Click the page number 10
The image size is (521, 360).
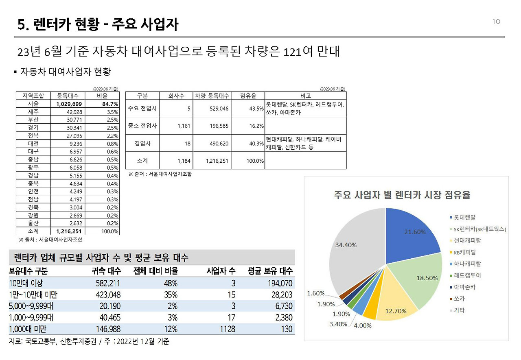pos(496,22)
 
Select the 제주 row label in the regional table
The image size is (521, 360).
pos(33,112)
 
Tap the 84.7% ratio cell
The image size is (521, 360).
pos(108,104)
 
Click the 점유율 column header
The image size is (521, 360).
pos(247,96)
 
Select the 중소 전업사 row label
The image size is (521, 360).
pos(142,126)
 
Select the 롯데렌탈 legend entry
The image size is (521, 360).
pos(465,217)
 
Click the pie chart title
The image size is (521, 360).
pos(402,195)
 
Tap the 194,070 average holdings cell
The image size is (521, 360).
pos(278,283)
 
